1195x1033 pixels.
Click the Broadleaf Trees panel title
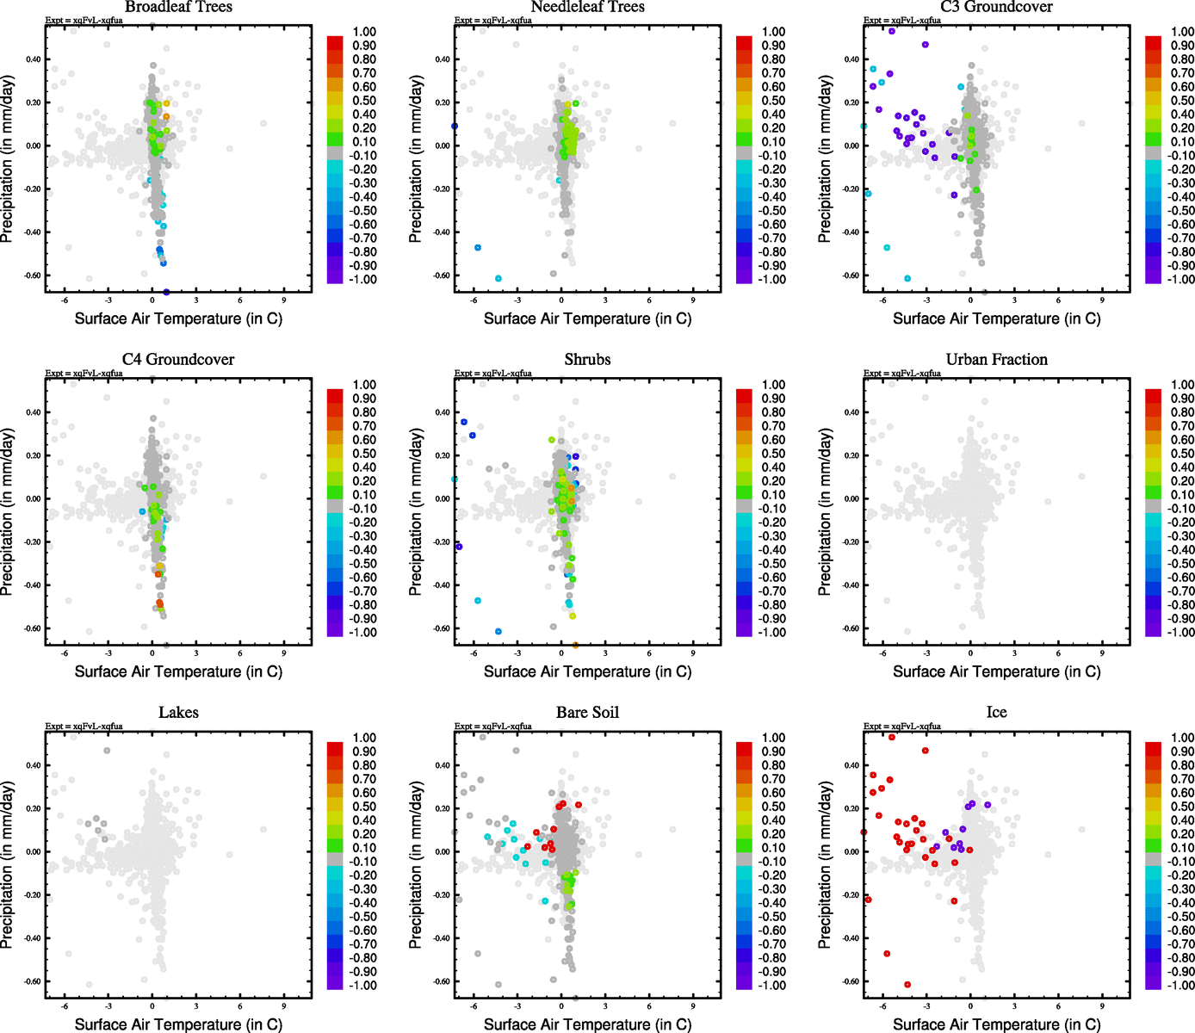point(178,7)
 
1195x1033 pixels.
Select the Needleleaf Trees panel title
point(587,7)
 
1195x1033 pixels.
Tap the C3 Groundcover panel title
point(996,7)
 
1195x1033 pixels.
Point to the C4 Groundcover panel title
point(178,360)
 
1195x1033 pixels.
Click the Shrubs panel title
point(587,360)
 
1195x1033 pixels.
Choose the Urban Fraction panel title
point(996,360)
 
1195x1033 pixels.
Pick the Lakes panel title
point(178,713)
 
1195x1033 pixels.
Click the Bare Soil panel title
point(587,713)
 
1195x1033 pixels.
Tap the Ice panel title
point(996,713)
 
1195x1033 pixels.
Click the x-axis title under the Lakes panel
point(178,1024)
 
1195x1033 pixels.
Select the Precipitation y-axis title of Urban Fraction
point(825,511)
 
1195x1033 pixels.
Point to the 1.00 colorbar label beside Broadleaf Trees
point(364,32)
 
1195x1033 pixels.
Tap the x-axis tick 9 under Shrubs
point(693,653)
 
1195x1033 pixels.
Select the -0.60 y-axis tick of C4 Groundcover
point(33,628)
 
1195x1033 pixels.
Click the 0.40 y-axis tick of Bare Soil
point(442,765)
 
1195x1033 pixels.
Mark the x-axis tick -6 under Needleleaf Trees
point(474,300)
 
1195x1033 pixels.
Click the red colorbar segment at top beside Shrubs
point(745,395)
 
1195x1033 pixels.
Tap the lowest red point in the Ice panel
point(907,985)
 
